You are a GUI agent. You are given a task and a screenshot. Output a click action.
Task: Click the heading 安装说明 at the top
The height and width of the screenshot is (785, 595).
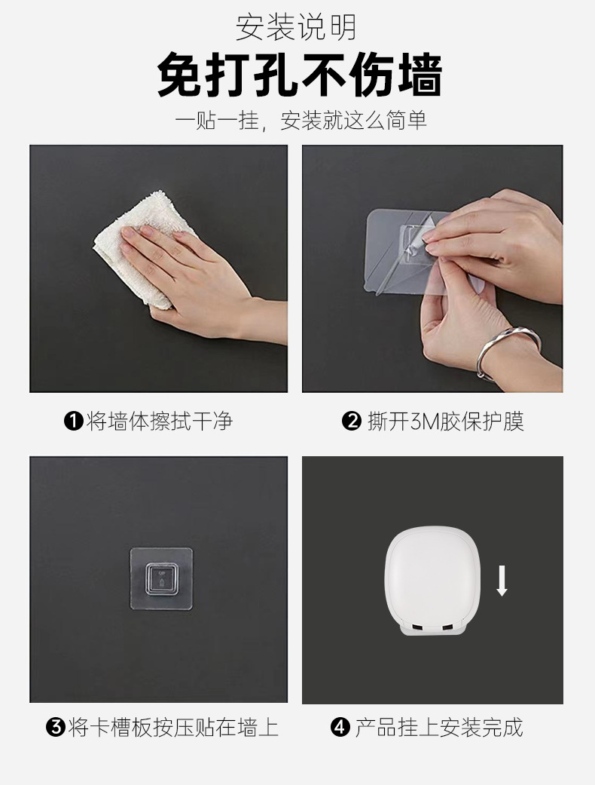[297, 28]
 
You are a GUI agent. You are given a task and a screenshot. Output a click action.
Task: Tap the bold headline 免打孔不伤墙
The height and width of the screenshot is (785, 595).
[299, 75]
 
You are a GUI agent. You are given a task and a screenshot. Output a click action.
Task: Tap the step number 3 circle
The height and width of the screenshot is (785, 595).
[55, 728]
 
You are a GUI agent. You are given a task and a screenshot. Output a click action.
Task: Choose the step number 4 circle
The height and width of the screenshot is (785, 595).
[340, 728]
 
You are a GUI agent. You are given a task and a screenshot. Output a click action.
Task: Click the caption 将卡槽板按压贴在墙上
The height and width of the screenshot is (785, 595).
[172, 728]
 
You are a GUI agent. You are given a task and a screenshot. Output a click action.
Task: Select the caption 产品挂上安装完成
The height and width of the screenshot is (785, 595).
[438, 728]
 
